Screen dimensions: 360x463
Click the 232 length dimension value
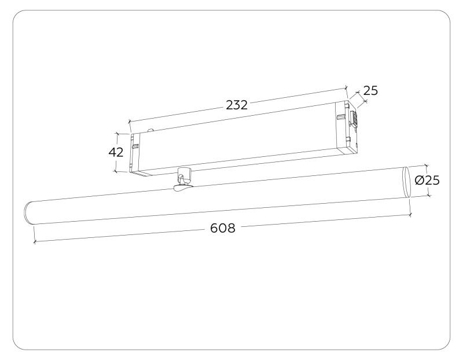[x=237, y=105]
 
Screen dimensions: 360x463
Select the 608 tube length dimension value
[x=223, y=228]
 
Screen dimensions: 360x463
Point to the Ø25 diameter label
[x=428, y=180]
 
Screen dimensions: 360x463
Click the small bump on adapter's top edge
[x=150, y=131]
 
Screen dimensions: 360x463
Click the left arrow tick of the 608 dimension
[x=35, y=241]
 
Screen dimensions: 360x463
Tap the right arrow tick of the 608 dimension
[x=410, y=215]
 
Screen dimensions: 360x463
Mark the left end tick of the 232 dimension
[x=129, y=122]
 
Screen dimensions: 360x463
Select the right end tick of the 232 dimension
[x=346, y=88]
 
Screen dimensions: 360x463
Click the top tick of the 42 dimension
[x=117, y=134]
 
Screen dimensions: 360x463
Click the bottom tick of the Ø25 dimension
[x=429, y=195]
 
